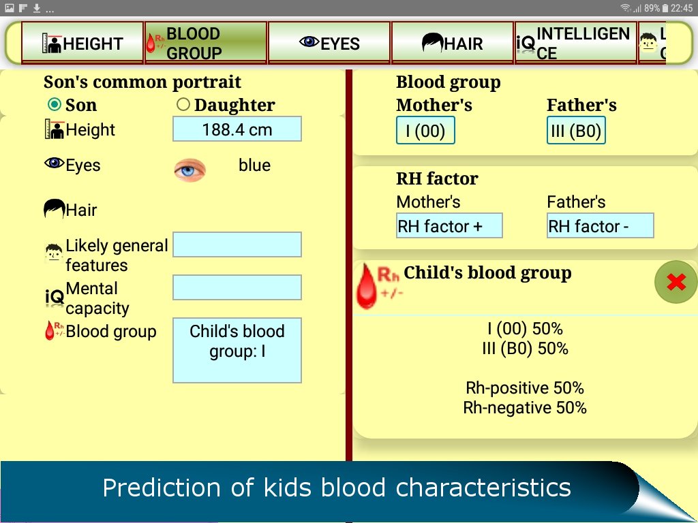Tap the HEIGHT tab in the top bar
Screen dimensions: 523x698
pyautogui.click(x=82, y=43)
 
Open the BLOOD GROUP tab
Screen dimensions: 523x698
pyautogui.click(x=206, y=43)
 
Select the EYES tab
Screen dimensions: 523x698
pyautogui.click(x=329, y=43)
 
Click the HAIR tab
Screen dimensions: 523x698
pyautogui.click(x=453, y=43)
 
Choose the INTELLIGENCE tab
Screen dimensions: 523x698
pyautogui.click(x=576, y=43)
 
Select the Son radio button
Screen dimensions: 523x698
pyautogui.click(x=55, y=105)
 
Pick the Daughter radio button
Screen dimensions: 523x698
pyautogui.click(x=183, y=105)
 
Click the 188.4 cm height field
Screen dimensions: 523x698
pyautogui.click(x=237, y=129)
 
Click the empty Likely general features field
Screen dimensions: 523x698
pyautogui.click(x=237, y=244)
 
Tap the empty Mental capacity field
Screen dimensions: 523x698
pyautogui.click(x=237, y=287)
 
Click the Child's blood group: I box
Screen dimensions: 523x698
pyautogui.click(x=237, y=350)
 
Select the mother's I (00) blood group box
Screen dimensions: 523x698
pyautogui.click(x=425, y=131)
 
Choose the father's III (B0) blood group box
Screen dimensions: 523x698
pyautogui.click(x=576, y=131)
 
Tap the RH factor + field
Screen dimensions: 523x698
pyautogui.click(x=449, y=226)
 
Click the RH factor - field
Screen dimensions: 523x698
pyautogui.click(x=600, y=226)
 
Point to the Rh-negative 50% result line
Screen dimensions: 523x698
pyautogui.click(x=525, y=408)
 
